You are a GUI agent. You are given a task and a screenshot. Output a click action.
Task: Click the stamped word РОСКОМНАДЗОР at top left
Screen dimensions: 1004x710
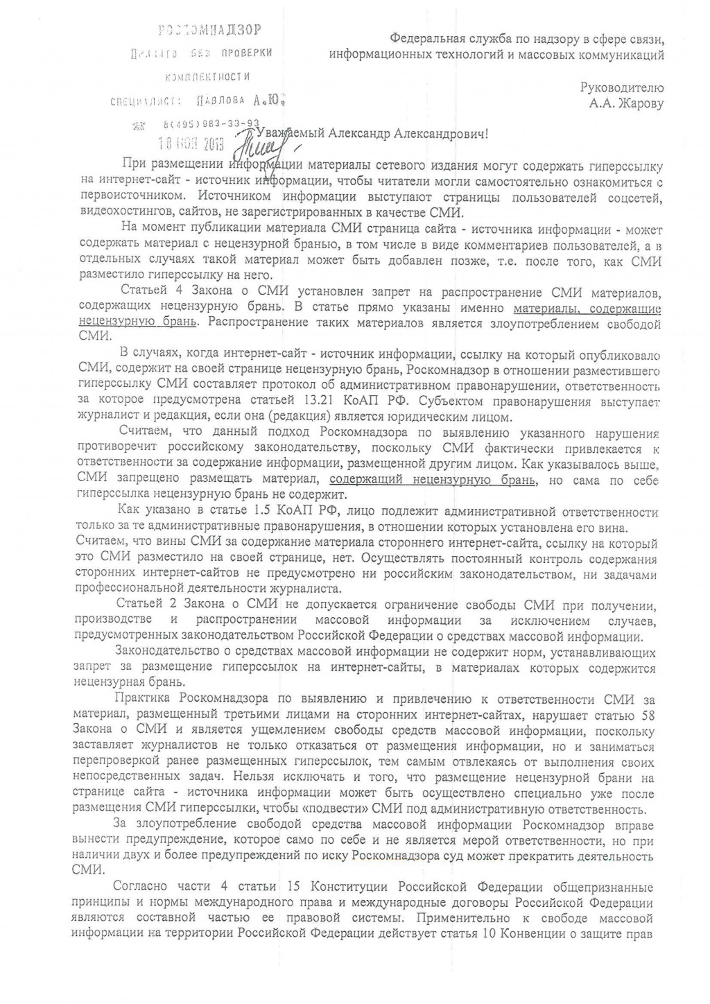tap(211, 30)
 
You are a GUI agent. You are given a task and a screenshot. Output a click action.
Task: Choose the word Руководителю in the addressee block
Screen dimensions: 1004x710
tap(622, 88)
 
